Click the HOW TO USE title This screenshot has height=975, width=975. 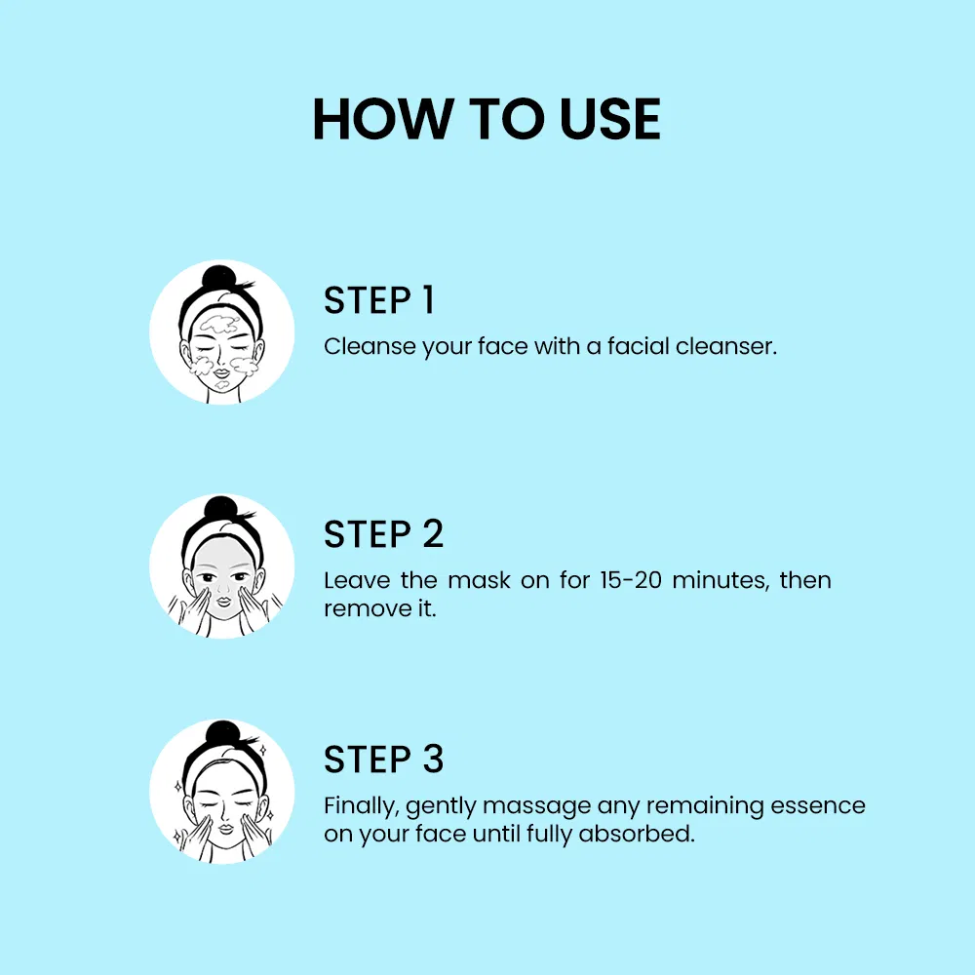487,120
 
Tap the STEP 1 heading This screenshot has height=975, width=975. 378,301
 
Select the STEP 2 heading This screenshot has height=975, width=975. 383,534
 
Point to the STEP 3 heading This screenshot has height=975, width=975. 383,760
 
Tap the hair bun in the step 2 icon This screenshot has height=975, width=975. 219,511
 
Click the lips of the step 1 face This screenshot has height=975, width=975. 221,369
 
